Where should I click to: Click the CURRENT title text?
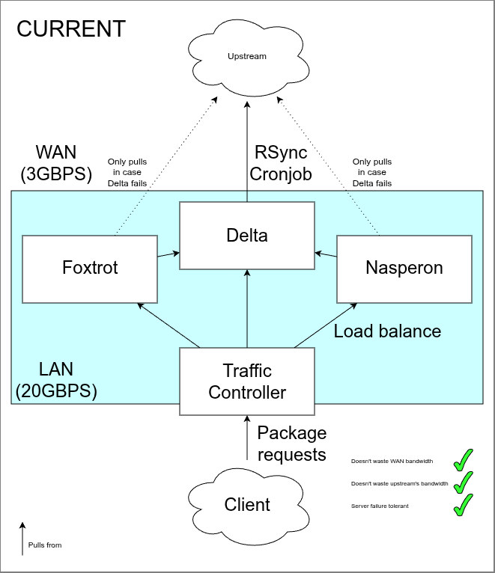point(71,28)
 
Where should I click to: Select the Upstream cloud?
point(247,56)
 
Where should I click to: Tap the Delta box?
point(247,236)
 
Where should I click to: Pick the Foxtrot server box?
point(90,268)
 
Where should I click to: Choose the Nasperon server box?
point(404,268)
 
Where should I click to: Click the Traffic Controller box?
point(247,382)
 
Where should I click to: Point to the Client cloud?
point(247,505)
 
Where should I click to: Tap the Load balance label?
point(387,331)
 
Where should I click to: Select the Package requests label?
point(292,444)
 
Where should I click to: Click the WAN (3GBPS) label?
point(56,163)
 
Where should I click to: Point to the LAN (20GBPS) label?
point(56,380)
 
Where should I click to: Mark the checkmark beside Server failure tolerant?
point(464,505)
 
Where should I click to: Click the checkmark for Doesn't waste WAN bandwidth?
point(464,459)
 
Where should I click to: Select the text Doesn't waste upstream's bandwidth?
point(399,484)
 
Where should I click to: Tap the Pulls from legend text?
point(45,545)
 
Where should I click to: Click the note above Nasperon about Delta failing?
point(372,172)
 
